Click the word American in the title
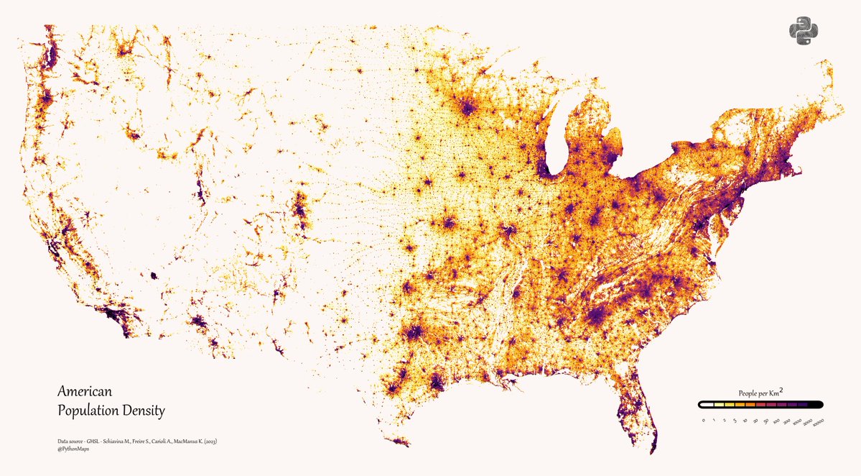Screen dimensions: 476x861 pyautogui.click(x=85, y=392)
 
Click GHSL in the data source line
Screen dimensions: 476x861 pyautogui.click(x=91, y=440)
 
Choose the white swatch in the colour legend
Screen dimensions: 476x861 pyautogui.click(x=707, y=406)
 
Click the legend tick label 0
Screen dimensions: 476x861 pyautogui.click(x=704, y=419)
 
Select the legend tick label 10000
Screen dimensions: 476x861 pyautogui.click(x=818, y=421)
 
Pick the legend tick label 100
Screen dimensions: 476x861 pyautogui.click(x=776, y=420)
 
